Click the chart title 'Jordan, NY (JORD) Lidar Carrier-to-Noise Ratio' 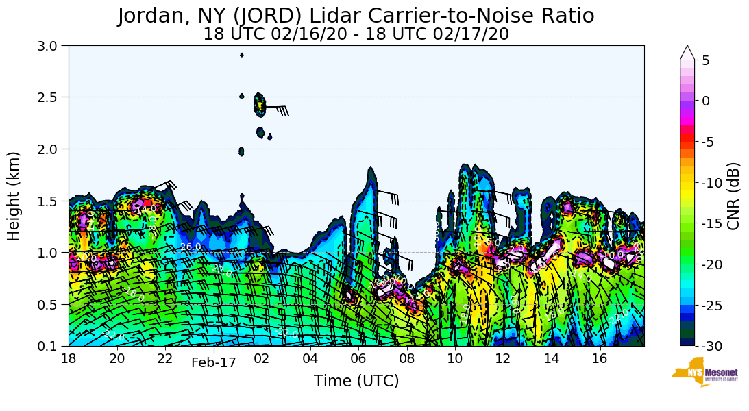[x=356, y=16]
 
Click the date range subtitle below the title [x=356, y=34]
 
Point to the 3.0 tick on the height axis [x=52, y=46]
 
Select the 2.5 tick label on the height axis [x=52, y=97]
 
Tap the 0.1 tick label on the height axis [x=52, y=346]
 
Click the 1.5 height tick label [x=52, y=201]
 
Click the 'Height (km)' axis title [x=14, y=196]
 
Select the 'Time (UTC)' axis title [x=356, y=381]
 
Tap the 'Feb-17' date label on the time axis [x=214, y=363]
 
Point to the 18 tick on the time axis [x=69, y=358]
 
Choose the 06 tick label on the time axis [x=358, y=358]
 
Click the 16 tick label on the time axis [x=599, y=358]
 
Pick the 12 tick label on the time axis [x=502, y=358]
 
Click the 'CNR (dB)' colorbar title [x=733, y=196]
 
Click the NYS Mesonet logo [x=704, y=372]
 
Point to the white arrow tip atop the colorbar [x=687, y=51]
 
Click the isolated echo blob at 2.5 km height [x=259, y=104]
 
